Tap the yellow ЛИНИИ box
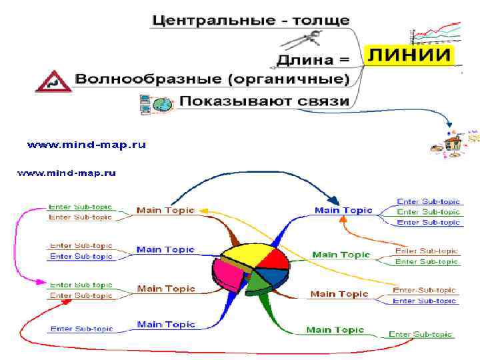click(409, 55)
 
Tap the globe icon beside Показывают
click(163, 104)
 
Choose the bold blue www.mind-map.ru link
click(86, 144)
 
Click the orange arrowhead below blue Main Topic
click(345, 224)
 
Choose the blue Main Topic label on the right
click(343, 211)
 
